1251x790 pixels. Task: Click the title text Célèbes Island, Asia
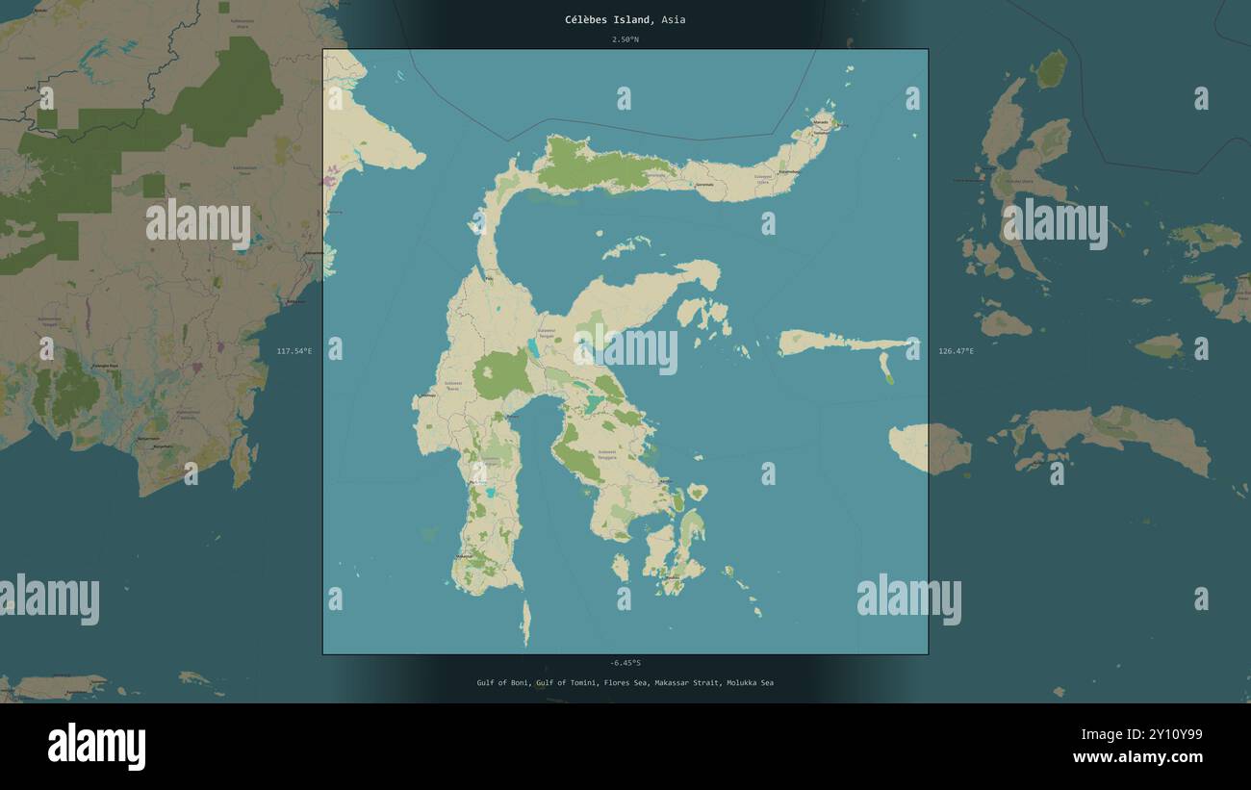625,19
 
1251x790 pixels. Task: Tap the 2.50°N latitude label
625,39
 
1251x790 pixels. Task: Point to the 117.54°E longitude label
294,351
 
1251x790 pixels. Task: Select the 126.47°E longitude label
956,351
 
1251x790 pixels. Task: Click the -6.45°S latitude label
625,662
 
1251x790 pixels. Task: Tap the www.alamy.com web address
1137,757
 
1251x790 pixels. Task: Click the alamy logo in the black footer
96,747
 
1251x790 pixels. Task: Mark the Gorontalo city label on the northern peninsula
705,184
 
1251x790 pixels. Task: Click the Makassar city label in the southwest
465,556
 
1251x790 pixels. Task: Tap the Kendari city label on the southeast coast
665,478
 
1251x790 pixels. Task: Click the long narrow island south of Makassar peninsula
525,623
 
